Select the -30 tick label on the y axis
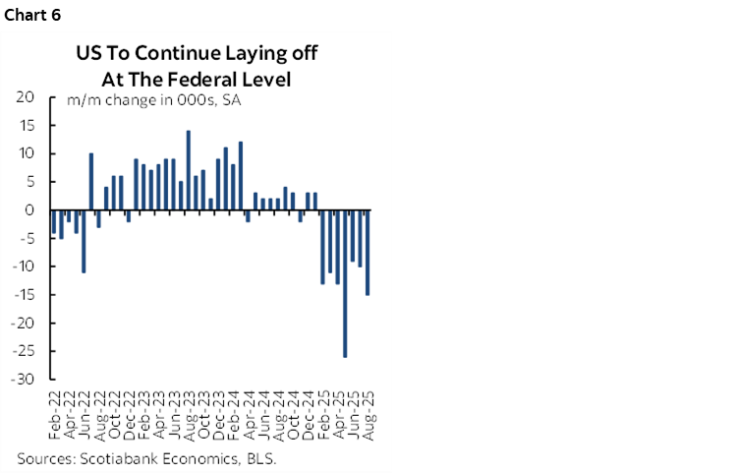[23, 379]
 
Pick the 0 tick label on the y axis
[29, 210]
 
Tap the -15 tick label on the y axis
[23, 295]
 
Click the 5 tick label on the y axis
[29, 182]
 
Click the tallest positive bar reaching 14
[188, 170]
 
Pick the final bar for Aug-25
[368, 253]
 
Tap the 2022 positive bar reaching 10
[91, 182]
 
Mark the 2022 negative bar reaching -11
[84, 241]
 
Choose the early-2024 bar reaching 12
[241, 176]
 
